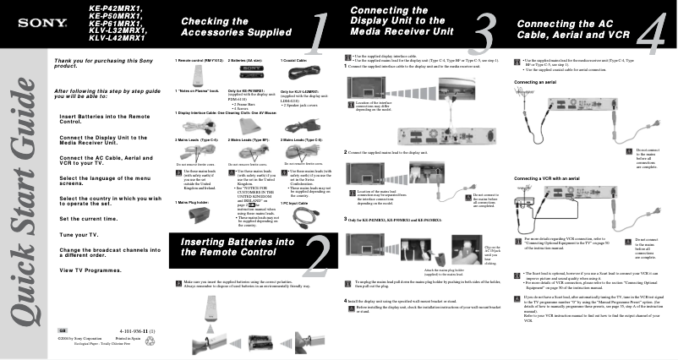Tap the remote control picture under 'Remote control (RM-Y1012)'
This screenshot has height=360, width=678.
195,74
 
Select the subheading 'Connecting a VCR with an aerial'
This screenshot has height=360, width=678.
553,178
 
